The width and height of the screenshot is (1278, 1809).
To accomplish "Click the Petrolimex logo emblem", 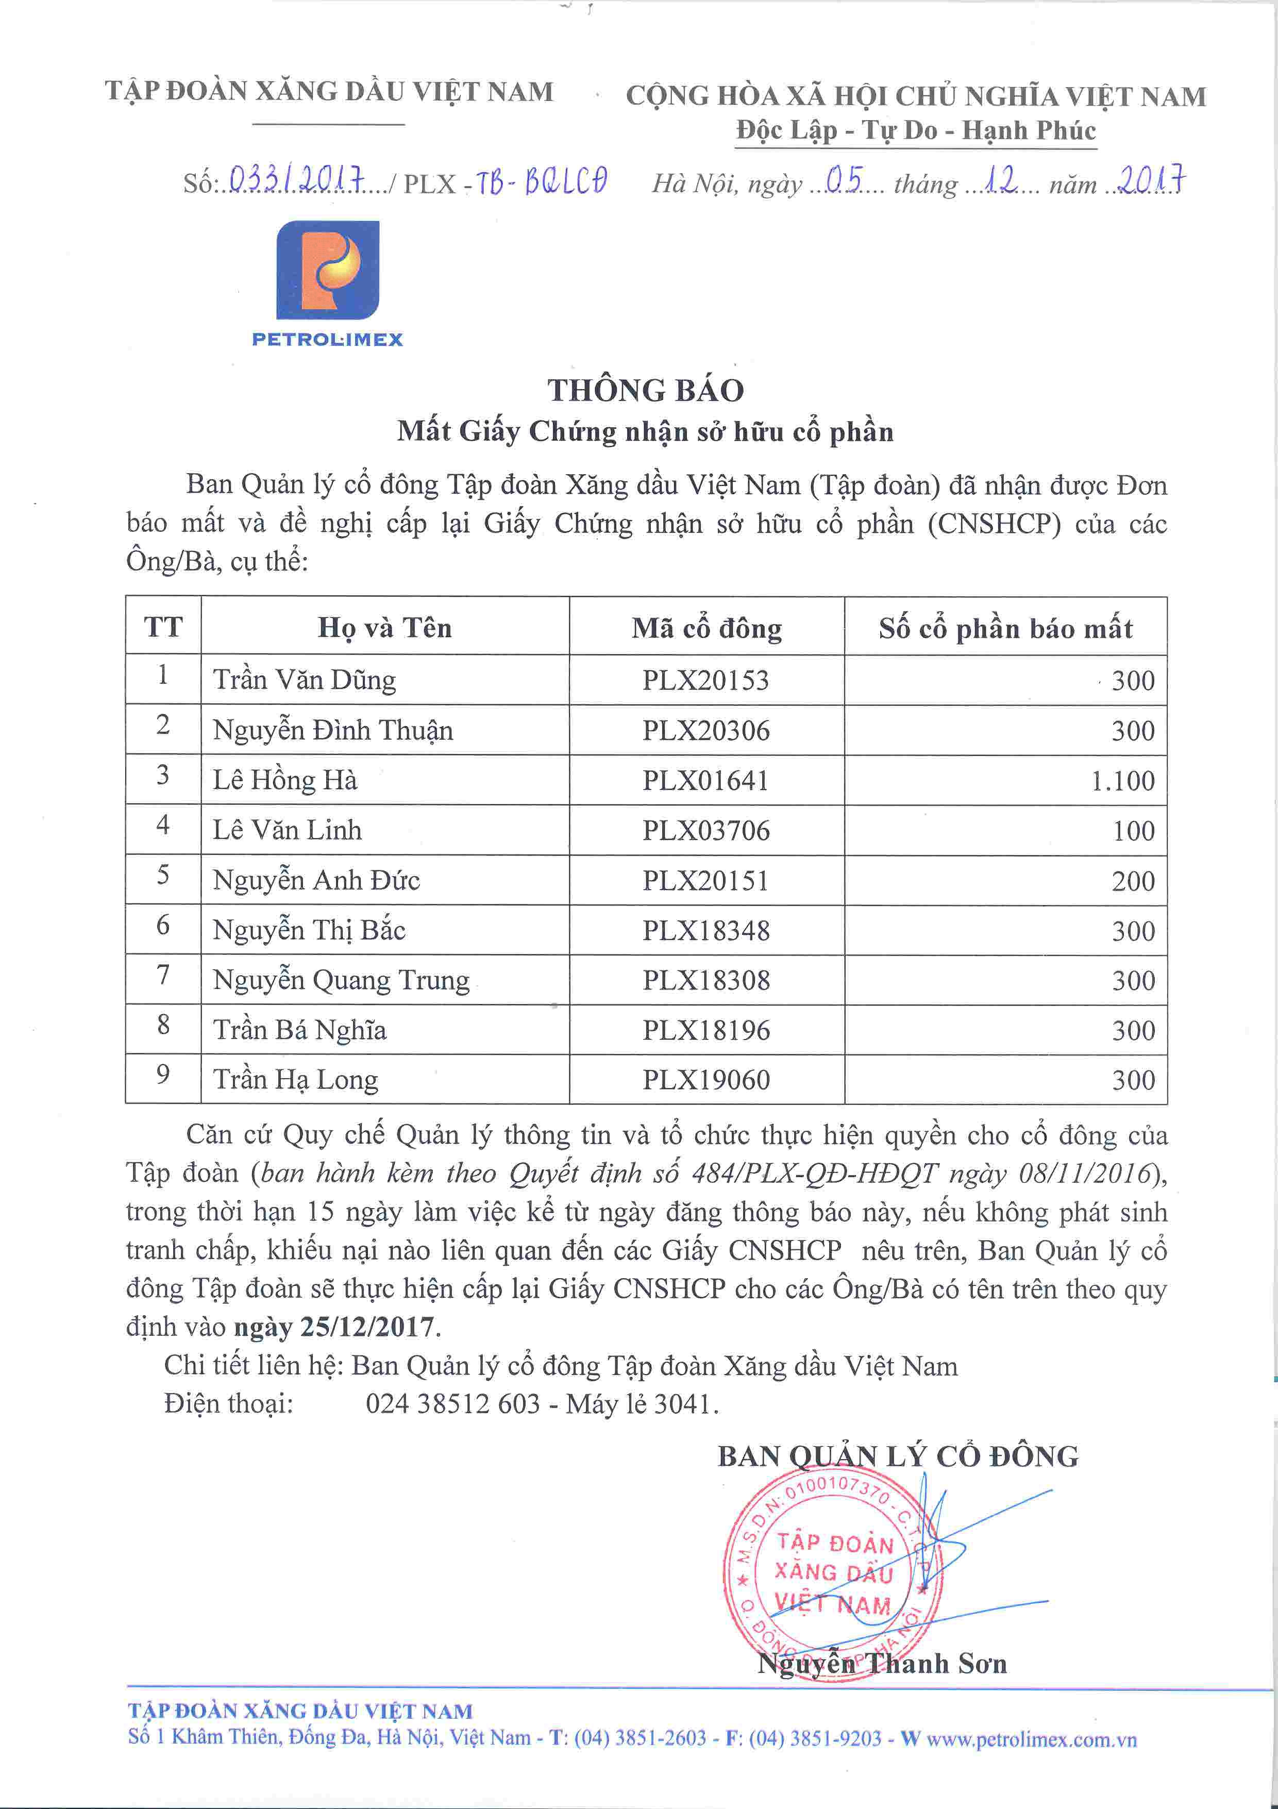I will (328, 270).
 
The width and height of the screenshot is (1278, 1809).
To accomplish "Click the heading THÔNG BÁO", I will (645, 391).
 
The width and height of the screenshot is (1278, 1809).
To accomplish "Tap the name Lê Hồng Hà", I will (285, 780).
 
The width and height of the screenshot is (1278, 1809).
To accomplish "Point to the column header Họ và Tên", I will (384, 628).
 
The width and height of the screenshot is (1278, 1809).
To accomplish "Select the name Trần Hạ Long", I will (295, 1079).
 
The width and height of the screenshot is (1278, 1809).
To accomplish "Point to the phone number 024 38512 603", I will (452, 1404).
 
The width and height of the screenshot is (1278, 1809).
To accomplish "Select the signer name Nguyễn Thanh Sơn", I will (882, 1663).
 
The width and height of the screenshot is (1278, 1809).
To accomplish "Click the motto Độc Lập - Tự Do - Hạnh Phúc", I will (916, 130).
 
